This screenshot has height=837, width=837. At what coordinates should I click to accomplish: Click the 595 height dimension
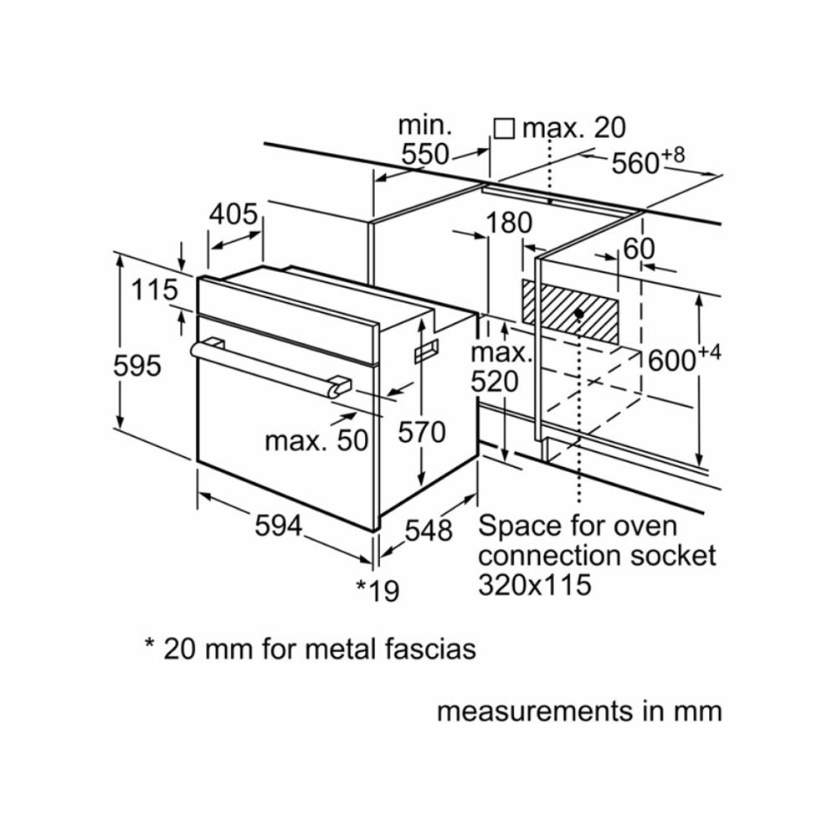click(x=138, y=366)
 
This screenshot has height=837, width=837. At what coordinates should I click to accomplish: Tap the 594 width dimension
click(x=279, y=526)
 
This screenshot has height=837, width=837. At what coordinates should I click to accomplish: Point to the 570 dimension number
click(x=422, y=433)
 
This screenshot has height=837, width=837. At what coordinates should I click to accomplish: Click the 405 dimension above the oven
click(x=233, y=215)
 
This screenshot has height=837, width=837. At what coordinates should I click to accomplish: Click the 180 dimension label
click(x=508, y=223)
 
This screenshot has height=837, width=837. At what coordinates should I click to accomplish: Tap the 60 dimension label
click(x=638, y=249)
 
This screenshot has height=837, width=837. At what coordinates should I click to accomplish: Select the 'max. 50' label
click(x=316, y=440)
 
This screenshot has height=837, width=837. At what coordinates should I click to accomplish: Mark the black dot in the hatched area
click(x=579, y=312)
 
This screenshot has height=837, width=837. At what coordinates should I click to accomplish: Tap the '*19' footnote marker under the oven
click(x=378, y=591)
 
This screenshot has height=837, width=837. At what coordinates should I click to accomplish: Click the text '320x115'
click(x=534, y=584)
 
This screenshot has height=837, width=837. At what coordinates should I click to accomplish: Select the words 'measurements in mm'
click(x=579, y=711)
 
